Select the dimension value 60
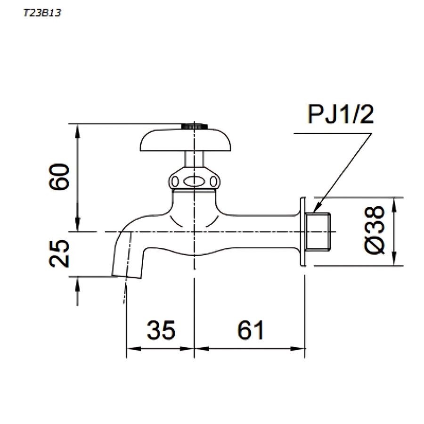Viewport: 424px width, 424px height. click(61, 177)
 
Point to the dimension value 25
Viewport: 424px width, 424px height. click(61, 254)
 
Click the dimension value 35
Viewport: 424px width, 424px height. click(161, 330)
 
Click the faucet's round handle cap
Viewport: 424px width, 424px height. click(194, 141)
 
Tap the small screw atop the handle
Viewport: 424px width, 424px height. click(194, 126)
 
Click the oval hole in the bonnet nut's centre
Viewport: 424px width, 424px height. click(194, 181)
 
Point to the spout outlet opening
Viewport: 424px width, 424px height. click(126, 276)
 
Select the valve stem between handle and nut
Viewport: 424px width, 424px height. click(194, 159)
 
